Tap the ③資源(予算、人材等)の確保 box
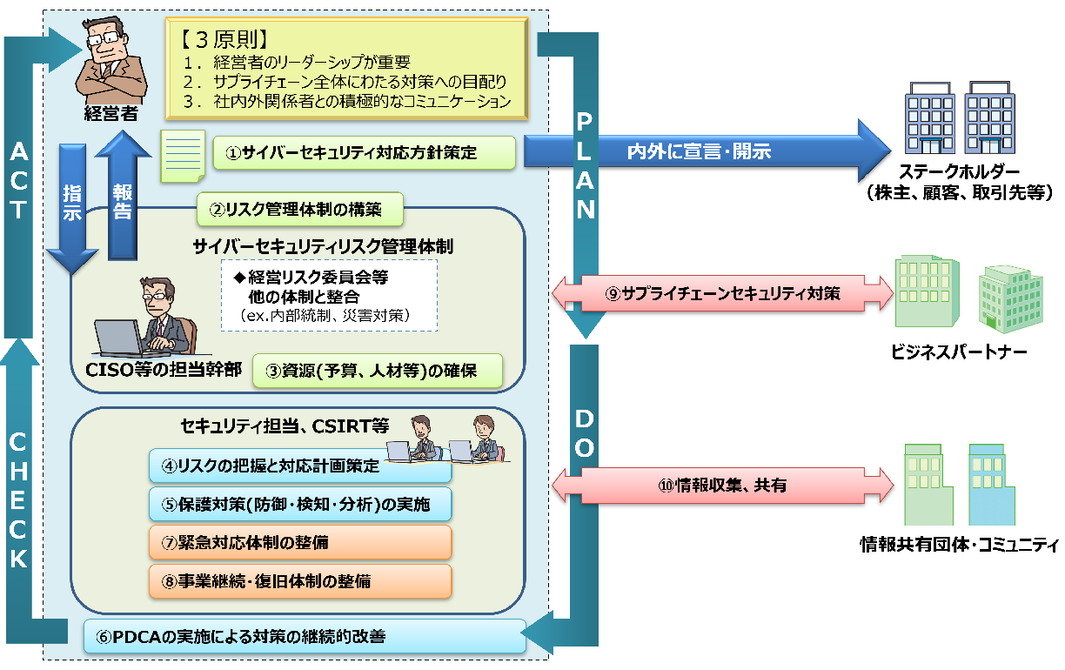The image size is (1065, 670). [x=378, y=372]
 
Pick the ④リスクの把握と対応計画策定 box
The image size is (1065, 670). [x=299, y=466]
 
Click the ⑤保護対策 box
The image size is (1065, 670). [x=299, y=504]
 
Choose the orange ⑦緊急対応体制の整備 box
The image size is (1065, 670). [x=299, y=542]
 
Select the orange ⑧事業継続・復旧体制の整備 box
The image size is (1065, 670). [x=299, y=580]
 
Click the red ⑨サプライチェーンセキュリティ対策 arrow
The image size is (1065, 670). [x=722, y=294]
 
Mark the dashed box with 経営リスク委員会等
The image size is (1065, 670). [x=328, y=295]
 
